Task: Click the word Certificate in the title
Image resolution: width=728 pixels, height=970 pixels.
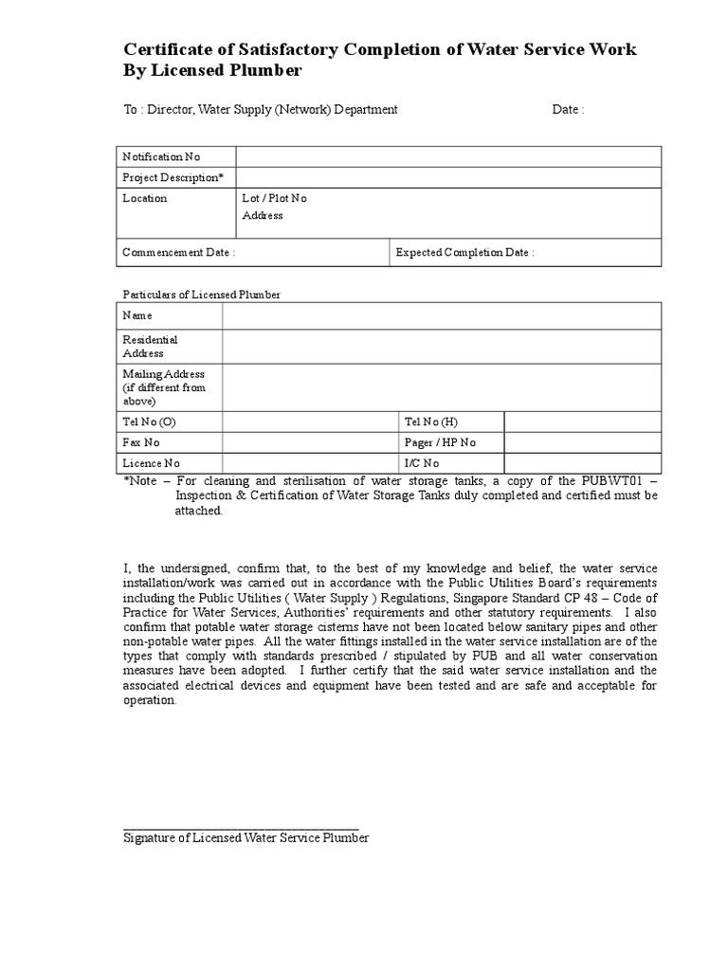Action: (x=170, y=50)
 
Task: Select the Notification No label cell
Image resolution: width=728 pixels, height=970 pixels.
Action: (x=161, y=156)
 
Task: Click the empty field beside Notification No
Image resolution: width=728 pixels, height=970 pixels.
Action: (x=448, y=156)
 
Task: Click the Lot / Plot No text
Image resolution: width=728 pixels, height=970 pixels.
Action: (x=275, y=198)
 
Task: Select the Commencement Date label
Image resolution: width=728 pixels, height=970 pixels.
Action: (x=179, y=252)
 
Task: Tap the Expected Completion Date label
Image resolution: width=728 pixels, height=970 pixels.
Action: (x=464, y=252)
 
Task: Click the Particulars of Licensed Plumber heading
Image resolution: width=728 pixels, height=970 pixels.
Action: (x=202, y=295)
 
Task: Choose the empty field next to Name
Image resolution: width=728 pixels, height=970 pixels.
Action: (x=442, y=315)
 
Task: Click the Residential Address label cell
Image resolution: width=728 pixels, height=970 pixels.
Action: (x=151, y=346)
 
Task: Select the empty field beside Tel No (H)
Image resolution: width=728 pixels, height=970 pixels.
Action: (x=582, y=422)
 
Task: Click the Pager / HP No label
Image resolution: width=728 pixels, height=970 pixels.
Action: (x=440, y=442)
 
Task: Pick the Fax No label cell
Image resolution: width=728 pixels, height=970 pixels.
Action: (x=141, y=442)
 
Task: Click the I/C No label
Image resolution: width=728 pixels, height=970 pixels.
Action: (x=422, y=463)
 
